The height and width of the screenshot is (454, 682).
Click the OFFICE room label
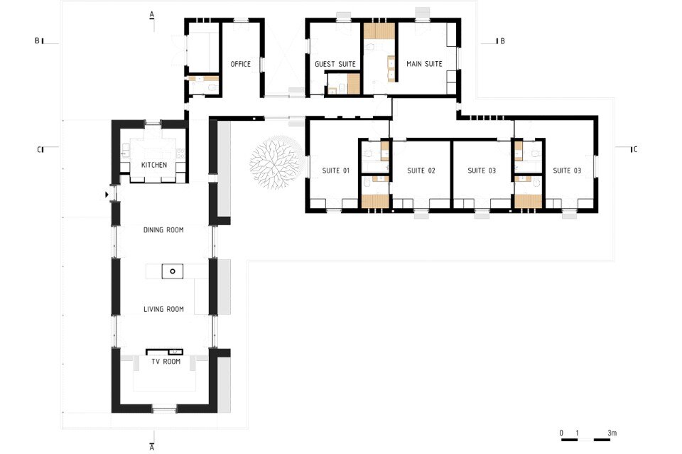(x=241, y=64)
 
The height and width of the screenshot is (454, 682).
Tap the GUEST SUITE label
(x=335, y=64)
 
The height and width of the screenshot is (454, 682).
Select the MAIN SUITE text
(x=424, y=64)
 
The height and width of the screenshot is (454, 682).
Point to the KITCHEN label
(x=154, y=165)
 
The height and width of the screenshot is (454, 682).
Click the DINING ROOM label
(x=163, y=229)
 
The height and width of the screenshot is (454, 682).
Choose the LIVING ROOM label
(x=163, y=309)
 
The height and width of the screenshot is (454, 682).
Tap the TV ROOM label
(x=166, y=362)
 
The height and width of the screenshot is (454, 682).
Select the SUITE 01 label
(x=336, y=171)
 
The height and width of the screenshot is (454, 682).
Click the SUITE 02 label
(x=421, y=171)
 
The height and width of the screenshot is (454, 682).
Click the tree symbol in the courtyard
(x=276, y=163)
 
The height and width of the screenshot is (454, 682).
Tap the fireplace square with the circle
(x=173, y=271)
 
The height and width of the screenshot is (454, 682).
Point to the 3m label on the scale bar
(x=612, y=433)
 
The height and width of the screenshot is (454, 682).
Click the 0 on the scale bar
(x=561, y=433)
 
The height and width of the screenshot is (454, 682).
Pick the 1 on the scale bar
(x=577, y=433)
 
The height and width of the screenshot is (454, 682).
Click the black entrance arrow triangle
(x=107, y=195)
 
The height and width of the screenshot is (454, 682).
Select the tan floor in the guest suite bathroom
(x=354, y=84)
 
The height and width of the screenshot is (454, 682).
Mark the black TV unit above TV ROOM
(x=164, y=352)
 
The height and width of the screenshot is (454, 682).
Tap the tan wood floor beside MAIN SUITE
(x=379, y=31)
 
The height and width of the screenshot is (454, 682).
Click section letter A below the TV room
(x=152, y=447)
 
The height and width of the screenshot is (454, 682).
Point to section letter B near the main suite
(x=502, y=41)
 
